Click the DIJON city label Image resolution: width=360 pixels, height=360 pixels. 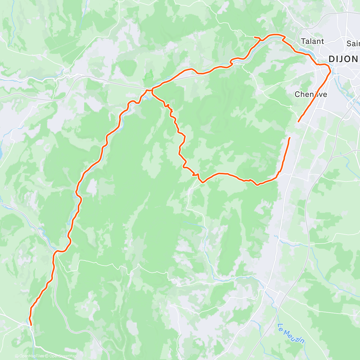(343, 59)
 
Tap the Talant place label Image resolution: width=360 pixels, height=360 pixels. (312, 41)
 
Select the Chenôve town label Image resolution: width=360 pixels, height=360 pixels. (311, 94)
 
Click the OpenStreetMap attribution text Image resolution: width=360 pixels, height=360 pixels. (63, 356)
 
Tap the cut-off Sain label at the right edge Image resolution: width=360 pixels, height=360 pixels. (353, 43)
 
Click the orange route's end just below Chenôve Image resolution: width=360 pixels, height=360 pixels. (298, 121)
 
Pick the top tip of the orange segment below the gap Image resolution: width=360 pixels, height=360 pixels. (290, 138)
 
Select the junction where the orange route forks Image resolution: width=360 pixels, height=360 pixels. (152, 90)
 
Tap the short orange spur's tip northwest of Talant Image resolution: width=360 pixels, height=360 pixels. (255, 37)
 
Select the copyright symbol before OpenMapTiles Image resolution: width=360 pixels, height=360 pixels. (16, 356)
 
